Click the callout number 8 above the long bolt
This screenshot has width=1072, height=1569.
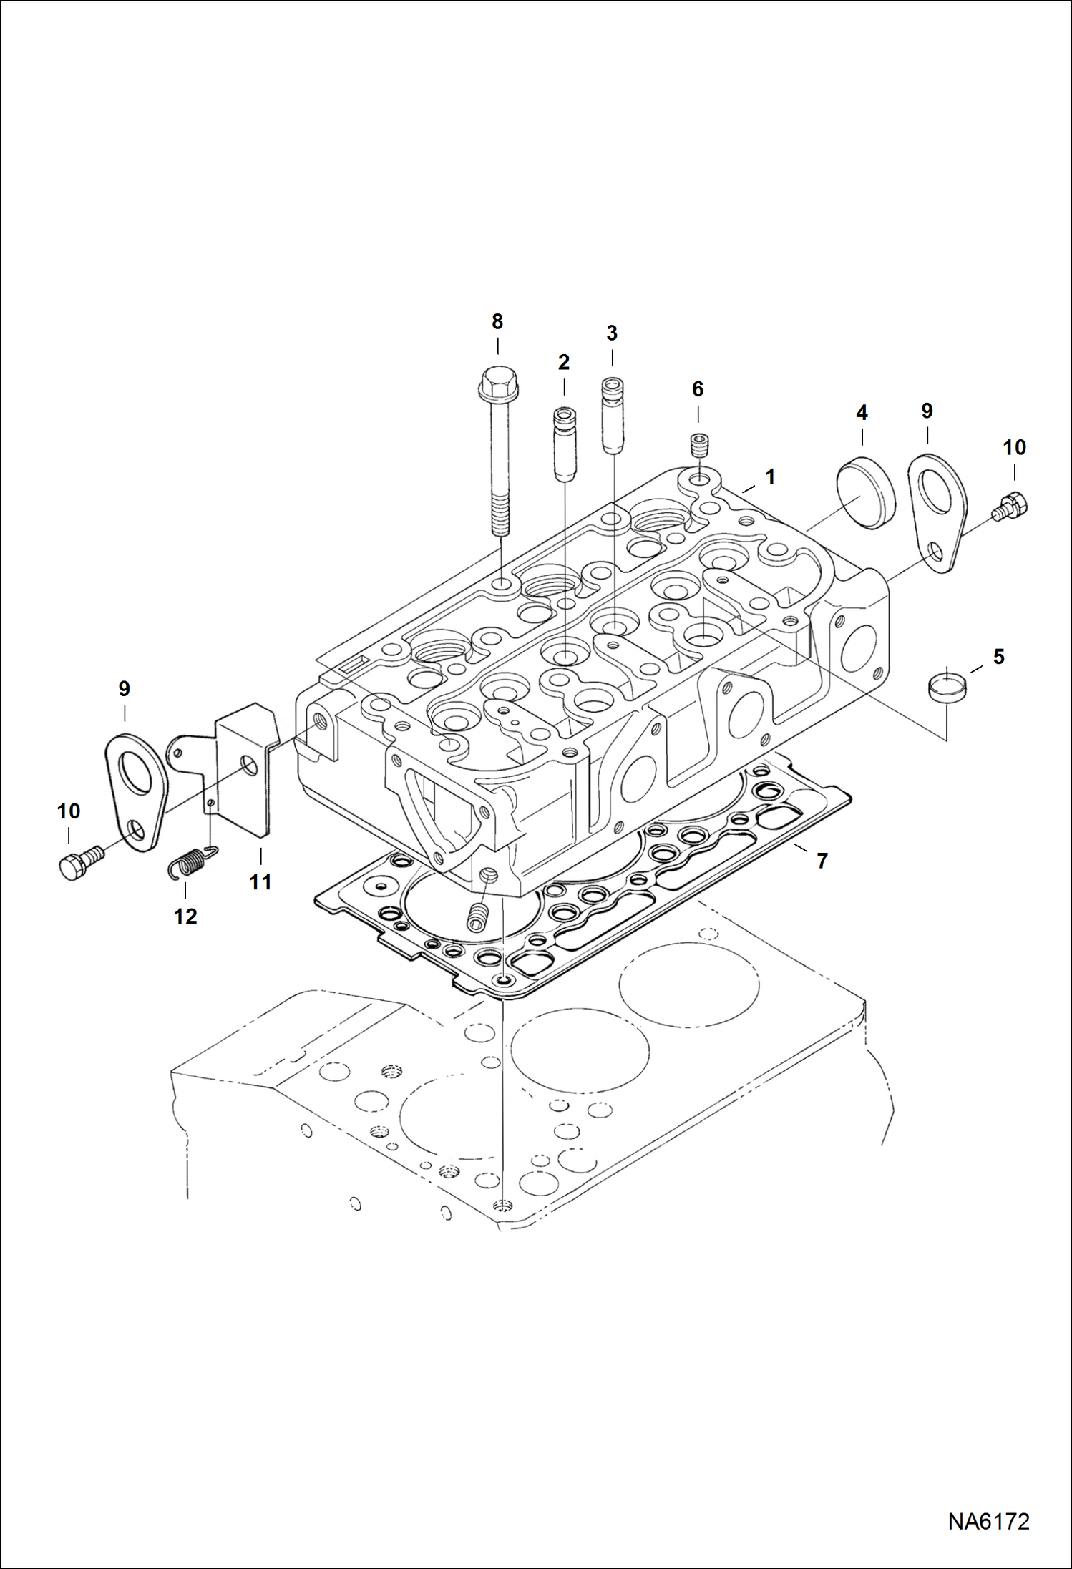click(497, 322)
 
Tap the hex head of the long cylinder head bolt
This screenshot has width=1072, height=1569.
click(498, 383)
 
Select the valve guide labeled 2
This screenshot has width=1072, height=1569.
click(564, 444)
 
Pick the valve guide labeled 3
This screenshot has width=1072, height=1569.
click(612, 415)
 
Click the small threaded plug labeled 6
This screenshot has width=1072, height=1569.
click(698, 446)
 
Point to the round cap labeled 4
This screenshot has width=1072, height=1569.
click(865, 492)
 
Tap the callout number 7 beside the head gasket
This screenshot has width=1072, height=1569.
click(822, 861)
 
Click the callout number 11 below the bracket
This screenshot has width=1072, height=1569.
click(260, 882)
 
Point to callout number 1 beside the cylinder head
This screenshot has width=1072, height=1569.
click(770, 477)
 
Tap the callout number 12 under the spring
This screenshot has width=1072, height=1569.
click(185, 916)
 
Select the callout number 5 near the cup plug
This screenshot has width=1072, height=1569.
click(998, 656)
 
